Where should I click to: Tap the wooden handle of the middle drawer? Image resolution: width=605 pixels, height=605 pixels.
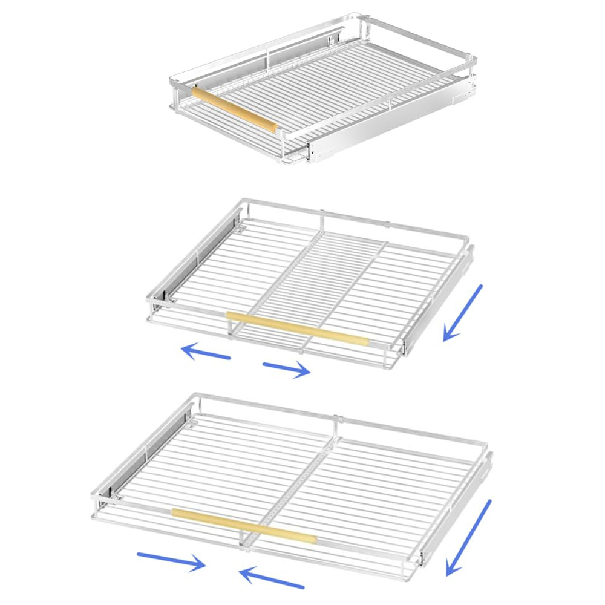[x=298, y=327]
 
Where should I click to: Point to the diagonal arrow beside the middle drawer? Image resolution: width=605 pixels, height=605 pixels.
[x=463, y=313]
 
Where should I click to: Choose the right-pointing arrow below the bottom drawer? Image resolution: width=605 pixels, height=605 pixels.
[x=172, y=560]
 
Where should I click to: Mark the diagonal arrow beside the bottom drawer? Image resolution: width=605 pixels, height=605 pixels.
[x=468, y=537]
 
